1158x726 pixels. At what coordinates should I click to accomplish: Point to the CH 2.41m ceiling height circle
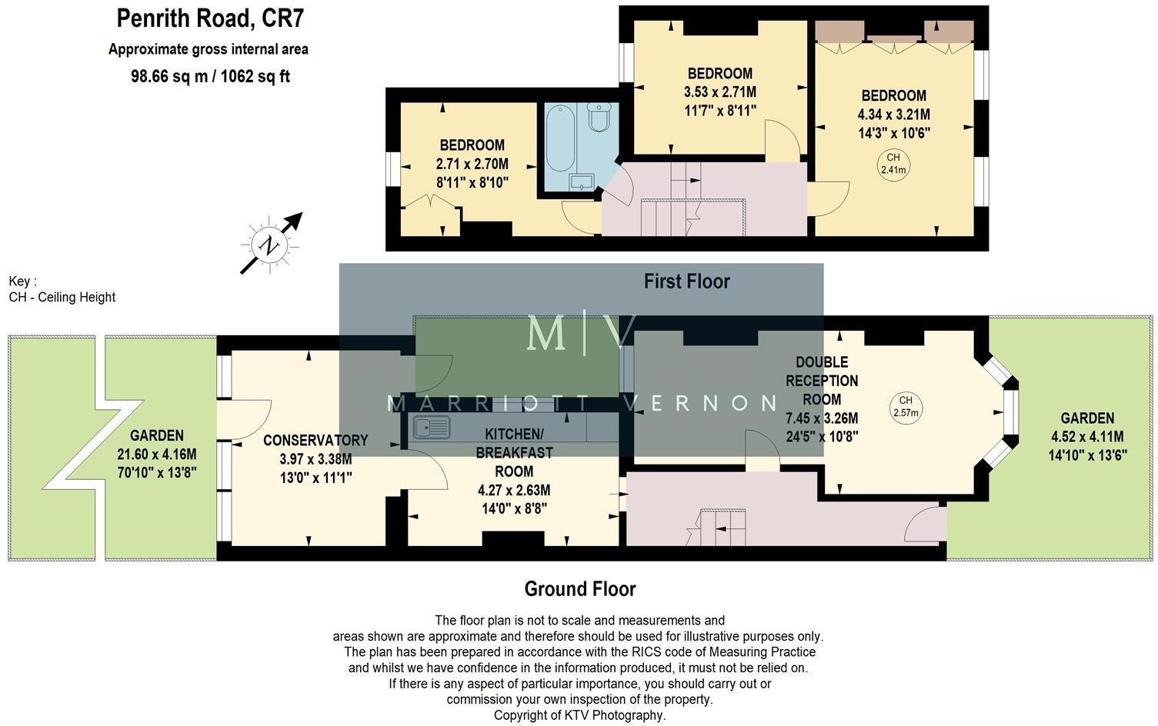pos(893,165)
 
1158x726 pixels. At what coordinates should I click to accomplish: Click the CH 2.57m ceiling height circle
pos(906,406)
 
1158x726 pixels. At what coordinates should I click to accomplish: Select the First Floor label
pos(686,281)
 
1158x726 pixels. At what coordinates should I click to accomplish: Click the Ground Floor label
pos(580,589)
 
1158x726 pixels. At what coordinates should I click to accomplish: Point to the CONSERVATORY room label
pos(315,441)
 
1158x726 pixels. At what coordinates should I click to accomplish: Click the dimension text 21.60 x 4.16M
pos(157,455)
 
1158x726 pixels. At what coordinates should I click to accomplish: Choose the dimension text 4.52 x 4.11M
pos(1087,437)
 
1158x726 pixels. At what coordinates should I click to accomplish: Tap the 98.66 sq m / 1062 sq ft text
pos(210,76)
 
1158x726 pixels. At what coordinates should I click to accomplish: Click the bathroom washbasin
pos(581,181)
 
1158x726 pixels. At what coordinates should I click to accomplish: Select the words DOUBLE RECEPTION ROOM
pos(822,381)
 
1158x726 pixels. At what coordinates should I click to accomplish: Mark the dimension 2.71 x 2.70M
pos(472,164)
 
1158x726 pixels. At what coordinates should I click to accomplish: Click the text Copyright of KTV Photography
pos(579,715)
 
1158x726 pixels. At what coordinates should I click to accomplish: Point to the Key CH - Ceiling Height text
pos(62,290)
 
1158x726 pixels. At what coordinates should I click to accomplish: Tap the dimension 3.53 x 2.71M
pos(719,92)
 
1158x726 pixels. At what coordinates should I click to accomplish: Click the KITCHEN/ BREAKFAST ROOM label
pos(514,453)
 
